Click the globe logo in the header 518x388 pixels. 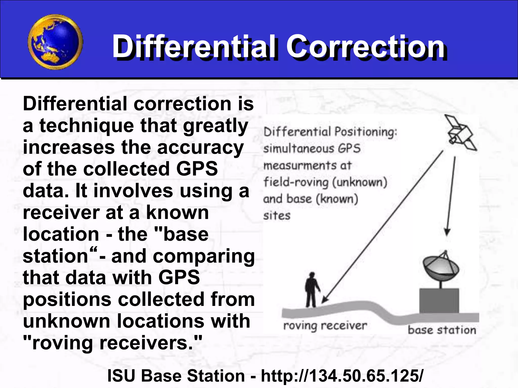(x=55, y=42)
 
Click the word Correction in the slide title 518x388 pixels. (x=366, y=47)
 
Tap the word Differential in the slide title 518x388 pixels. (x=193, y=47)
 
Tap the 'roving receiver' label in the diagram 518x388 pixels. (x=325, y=326)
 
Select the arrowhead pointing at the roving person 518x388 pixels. (x=325, y=299)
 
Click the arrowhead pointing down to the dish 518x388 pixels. (x=447, y=232)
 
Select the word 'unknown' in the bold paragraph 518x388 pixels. (x=67, y=321)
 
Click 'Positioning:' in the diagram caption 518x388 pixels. (x=366, y=132)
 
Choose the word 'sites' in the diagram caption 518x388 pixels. (x=277, y=215)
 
